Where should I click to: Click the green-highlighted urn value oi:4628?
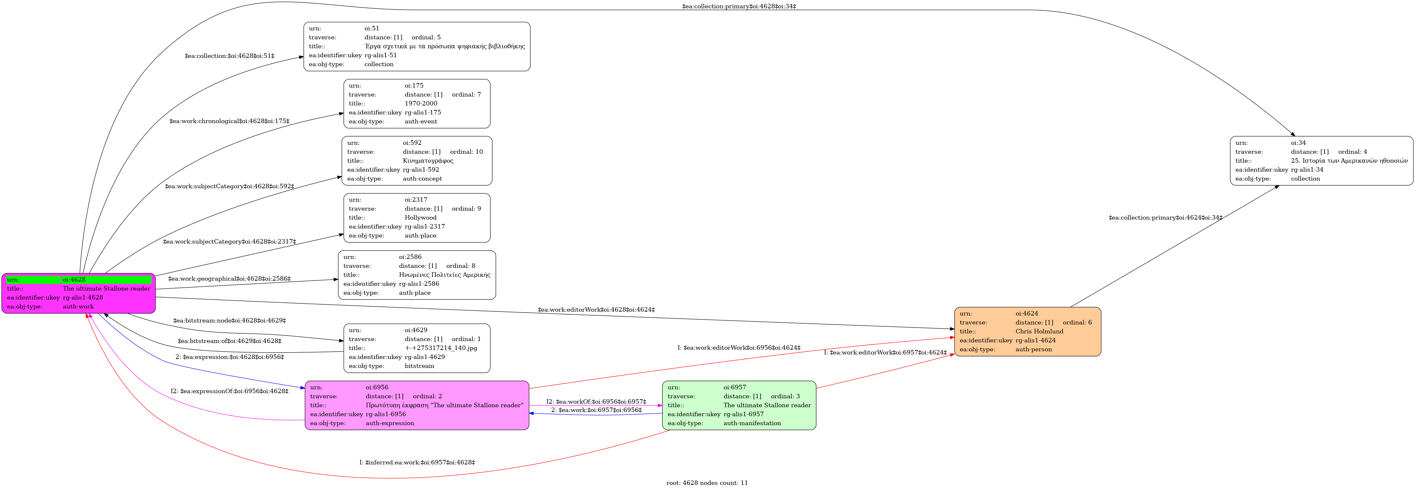pyautogui.click(x=74, y=280)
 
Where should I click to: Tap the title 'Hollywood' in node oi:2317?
pyautogui.click(x=421, y=218)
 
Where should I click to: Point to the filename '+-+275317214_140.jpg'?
pyautogui.click(x=441, y=348)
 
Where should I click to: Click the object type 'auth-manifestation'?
pyautogui.click(x=752, y=423)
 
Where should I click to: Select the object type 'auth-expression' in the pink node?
pyautogui.click(x=390, y=423)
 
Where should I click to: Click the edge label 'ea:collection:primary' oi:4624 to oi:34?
pyautogui.click(x=1165, y=218)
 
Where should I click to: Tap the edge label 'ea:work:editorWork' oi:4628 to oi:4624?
pyautogui.click(x=596, y=310)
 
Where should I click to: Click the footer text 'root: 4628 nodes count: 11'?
pyautogui.click(x=707, y=483)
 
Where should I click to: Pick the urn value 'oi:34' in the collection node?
pyautogui.click(x=1299, y=143)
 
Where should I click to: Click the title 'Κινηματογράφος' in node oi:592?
pyautogui.click(x=428, y=160)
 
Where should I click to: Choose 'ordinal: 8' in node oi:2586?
pyautogui.click(x=461, y=266)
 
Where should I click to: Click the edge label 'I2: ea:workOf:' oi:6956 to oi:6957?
pyautogui.click(x=596, y=401)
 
